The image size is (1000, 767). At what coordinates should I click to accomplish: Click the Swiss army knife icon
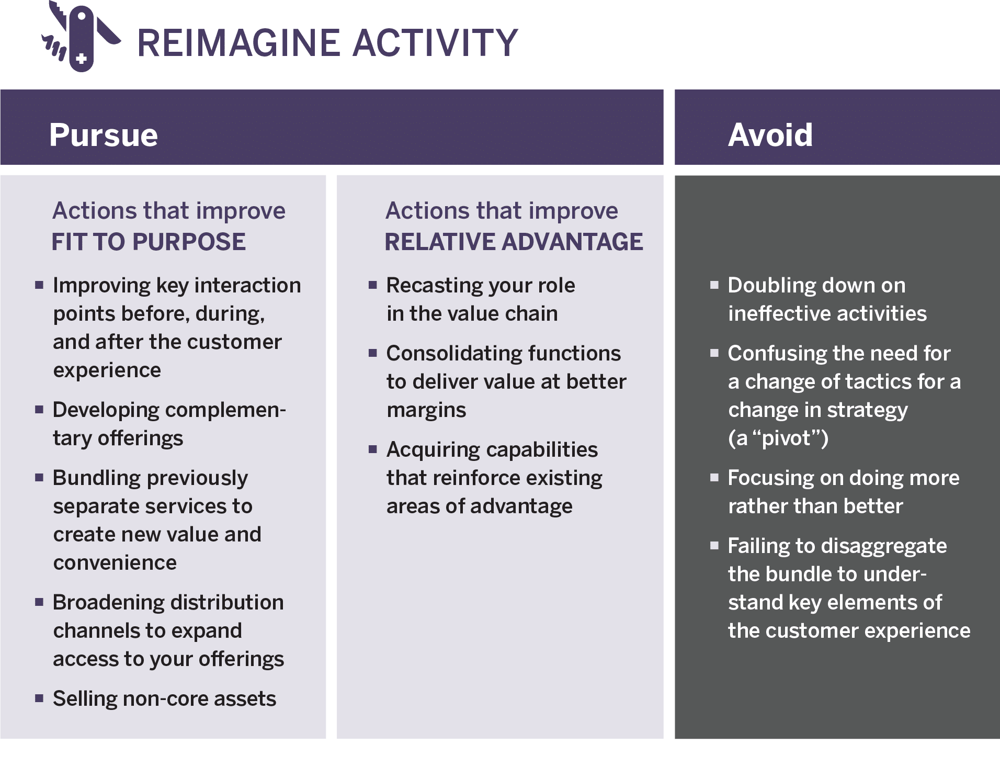tap(81, 37)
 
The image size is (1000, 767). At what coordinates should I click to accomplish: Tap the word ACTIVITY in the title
tap(435, 43)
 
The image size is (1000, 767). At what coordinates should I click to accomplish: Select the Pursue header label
tap(104, 135)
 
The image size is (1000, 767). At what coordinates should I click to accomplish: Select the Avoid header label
tap(770, 135)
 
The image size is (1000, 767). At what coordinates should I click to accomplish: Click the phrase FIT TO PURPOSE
tap(149, 242)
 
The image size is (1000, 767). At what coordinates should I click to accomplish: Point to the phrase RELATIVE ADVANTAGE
tap(514, 242)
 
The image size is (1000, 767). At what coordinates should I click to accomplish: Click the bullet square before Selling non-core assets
tap(39, 698)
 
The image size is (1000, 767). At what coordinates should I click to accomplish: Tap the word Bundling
tap(97, 478)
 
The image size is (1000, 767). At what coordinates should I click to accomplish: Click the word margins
tap(426, 410)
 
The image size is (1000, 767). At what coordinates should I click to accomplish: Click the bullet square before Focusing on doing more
tap(714, 477)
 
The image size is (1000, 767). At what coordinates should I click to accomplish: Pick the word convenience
tap(115, 563)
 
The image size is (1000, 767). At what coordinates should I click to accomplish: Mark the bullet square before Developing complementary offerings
tap(39, 409)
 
